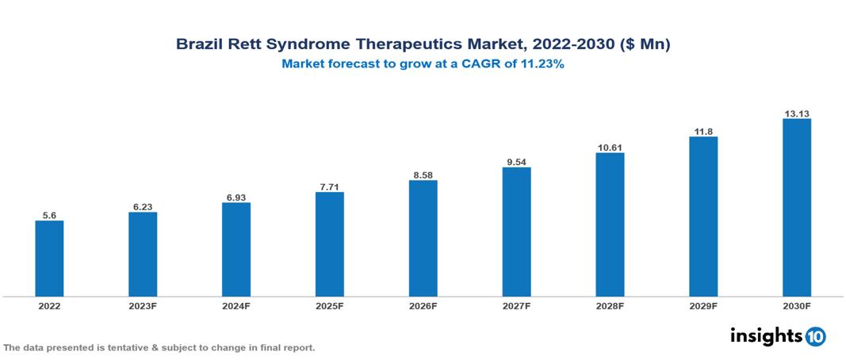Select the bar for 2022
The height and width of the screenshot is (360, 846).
49,258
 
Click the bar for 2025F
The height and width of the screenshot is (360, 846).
329,243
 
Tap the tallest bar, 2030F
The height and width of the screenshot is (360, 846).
796,207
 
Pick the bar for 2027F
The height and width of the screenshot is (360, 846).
516,232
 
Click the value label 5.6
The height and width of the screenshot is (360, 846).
49,214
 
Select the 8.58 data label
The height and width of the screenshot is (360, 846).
423,174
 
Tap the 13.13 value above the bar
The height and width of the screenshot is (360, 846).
796,113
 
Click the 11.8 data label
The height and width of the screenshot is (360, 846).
702,130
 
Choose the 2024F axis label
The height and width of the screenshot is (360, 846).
236,305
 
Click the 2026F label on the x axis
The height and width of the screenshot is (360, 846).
423,305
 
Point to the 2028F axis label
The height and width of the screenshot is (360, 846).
610,305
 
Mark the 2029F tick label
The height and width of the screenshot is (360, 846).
702,305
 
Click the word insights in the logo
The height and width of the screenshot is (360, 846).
766,335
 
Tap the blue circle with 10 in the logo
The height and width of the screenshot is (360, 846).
815,336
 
